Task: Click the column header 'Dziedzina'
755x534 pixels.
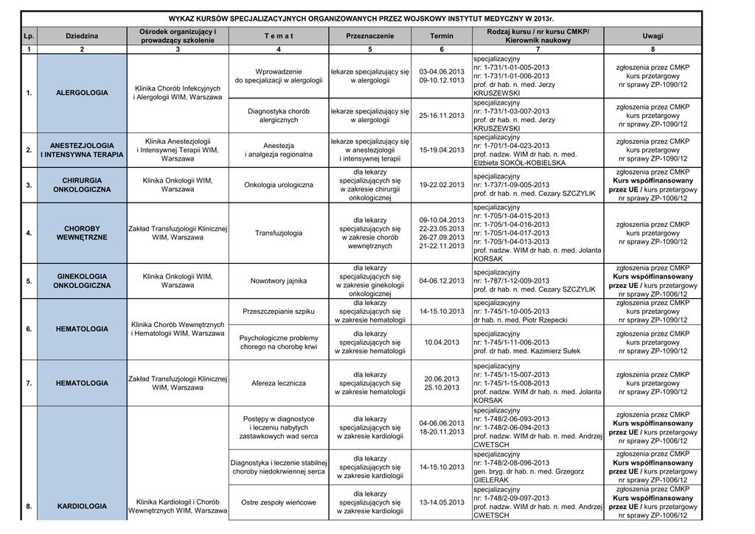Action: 82,36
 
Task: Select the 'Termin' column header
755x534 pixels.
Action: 442,36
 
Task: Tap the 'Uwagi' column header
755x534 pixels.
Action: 653,36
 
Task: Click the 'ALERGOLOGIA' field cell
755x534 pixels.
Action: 82,93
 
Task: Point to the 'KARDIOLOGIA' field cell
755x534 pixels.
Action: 82,506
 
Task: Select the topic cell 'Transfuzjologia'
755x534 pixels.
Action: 278,233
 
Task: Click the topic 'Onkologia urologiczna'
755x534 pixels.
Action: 278,185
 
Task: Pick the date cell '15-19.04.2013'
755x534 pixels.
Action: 442,150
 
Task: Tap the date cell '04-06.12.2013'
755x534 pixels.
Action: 442,281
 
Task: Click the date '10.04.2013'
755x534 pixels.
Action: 442,342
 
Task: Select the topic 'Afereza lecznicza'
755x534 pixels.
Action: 278,383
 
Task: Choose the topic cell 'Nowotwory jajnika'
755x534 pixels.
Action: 278,281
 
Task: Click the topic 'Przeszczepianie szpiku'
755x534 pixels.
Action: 278,312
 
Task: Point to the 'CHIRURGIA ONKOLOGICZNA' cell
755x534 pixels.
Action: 82,185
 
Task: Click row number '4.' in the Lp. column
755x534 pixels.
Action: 29,233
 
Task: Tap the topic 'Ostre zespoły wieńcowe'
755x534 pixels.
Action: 278,502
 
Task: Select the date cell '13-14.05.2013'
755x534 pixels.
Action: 442,502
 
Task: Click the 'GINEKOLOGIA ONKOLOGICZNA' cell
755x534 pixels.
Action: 82,281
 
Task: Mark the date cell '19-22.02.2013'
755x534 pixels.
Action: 442,185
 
